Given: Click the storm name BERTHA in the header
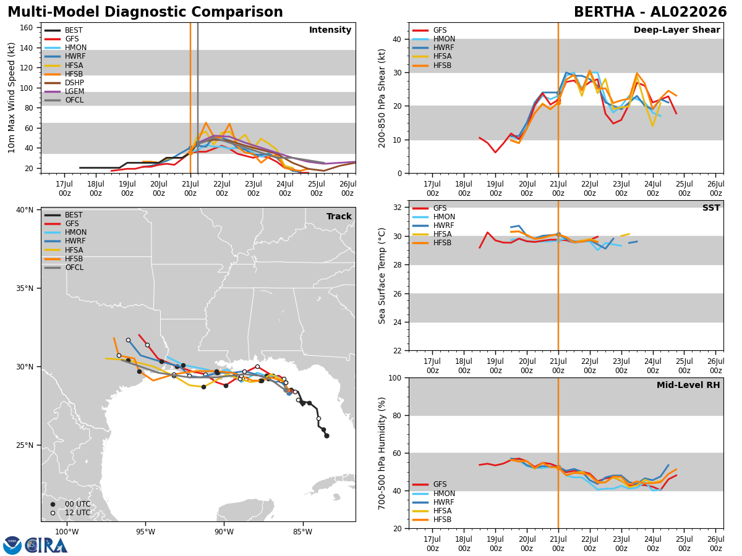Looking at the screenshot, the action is (x=603, y=12).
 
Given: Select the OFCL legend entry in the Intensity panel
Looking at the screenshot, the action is (x=64, y=100).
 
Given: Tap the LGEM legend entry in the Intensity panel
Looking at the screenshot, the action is (x=64, y=91).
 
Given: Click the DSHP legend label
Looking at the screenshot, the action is (x=74, y=83).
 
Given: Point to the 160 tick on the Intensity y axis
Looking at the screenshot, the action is (x=26, y=28).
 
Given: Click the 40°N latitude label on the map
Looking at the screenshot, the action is (x=25, y=210).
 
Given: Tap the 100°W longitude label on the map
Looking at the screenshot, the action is (x=67, y=532).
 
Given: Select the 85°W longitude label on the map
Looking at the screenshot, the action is (x=302, y=532).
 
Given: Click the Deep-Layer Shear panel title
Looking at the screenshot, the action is (x=676, y=30).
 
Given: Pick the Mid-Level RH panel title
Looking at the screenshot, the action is (x=688, y=385).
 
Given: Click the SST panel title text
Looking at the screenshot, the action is (x=711, y=208).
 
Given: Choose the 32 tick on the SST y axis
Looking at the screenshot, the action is (x=398, y=208).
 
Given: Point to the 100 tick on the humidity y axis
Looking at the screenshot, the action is (x=396, y=378).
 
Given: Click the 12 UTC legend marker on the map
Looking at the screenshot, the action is (x=53, y=513).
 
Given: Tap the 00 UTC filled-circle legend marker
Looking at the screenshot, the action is (x=53, y=504).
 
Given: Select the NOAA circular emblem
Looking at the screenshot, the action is (x=12, y=545).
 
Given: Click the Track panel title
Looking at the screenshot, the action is (x=339, y=216).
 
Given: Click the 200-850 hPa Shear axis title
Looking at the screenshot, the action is (x=382, y=99).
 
